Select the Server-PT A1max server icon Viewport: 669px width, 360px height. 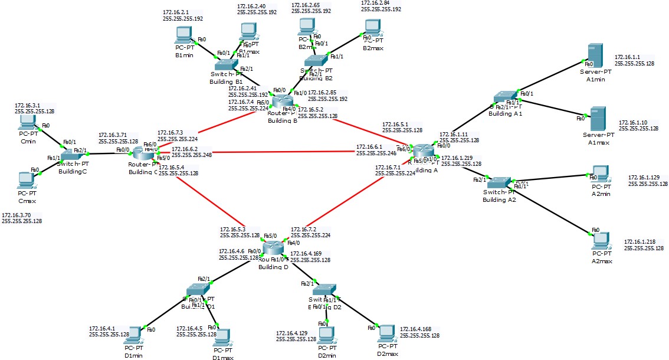(598, 119)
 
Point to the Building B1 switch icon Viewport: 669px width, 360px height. (223, 64)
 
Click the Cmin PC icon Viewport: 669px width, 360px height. (27, 122)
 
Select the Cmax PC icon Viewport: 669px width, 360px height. (26, 178)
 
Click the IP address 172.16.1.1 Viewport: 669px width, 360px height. (626, 57)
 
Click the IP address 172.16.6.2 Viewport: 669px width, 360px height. (184, 149)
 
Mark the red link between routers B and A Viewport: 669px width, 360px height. (354, 130)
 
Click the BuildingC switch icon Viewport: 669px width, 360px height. (72, 153)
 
